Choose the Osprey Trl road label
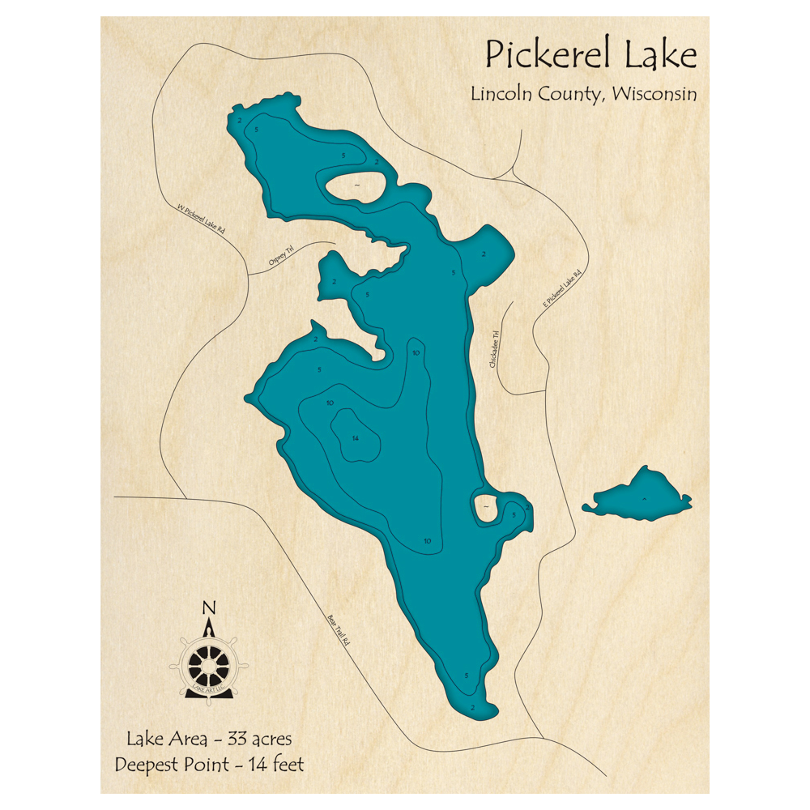pyautogui.click(x=279, y=258)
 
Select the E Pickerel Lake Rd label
pyautogui.click(x=562, y=289)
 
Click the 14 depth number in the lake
pyautogui.click(x=354, y=438)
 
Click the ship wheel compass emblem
pyautogui.click(x=208, y=663)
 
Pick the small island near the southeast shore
pyautogui.click(x=485, y=506)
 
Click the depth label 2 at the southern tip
pyautogui.click(x=471, y=706)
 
